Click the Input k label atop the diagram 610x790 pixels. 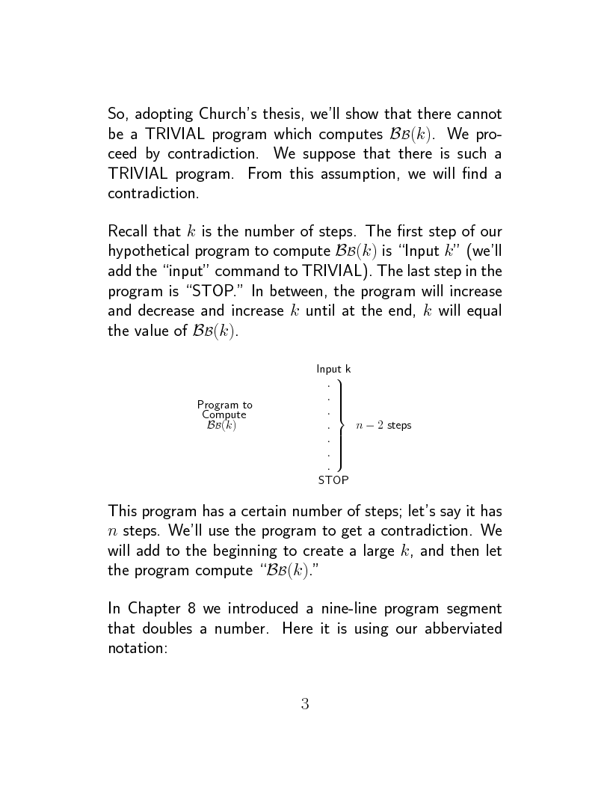(333, 369)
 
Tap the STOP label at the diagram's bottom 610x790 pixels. (333, 480)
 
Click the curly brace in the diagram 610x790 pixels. (341, 425)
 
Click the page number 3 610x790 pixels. (305, 704)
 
